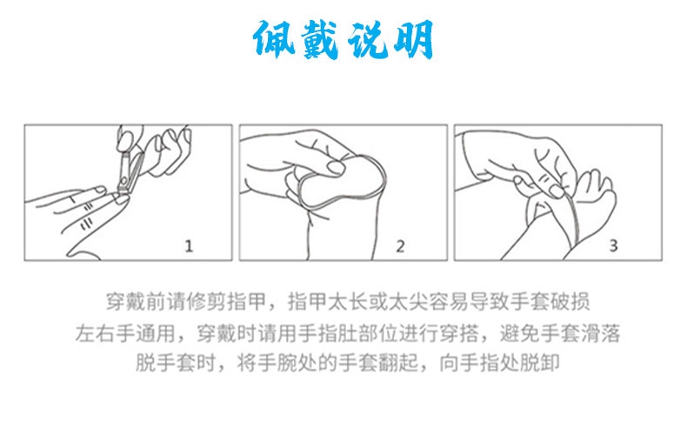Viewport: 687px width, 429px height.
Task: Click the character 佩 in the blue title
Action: pyautogui.click(x=275, y=38)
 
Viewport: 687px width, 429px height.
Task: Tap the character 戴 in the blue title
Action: pyautogui.click(x=320, y=39)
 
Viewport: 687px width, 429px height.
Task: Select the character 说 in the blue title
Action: pyautogui.click(x=368, y=39)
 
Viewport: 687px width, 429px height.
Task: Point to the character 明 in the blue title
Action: pyautogui.click(x=413, y=39)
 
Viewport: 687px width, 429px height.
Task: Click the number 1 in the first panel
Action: pyautogui.click(x=189, y=246)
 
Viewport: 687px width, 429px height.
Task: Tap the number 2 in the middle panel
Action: pyautogui.click(x=400, y=246)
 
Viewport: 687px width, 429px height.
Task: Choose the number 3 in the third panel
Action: pyautogui.click(x=613, y=245)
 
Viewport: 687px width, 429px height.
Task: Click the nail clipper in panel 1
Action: pyautogui.click(x=130, y=173)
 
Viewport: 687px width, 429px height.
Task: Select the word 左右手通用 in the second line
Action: pyautogui.click(x=125, y=333)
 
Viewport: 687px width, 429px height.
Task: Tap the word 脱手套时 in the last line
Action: pyautogui.click(x=176, y=363)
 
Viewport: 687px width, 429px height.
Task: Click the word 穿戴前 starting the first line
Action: pyautogui.click(x=136, y=302)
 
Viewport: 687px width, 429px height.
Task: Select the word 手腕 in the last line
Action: pyautogui.click(x=277, y=363)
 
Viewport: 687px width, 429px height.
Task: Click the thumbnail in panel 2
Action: pyautogui.click(x=336, y=168)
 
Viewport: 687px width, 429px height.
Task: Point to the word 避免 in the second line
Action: pyautogui.click(x=520, y=333)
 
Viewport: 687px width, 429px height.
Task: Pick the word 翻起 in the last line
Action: pyautogui.click(x=398, y=363)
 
